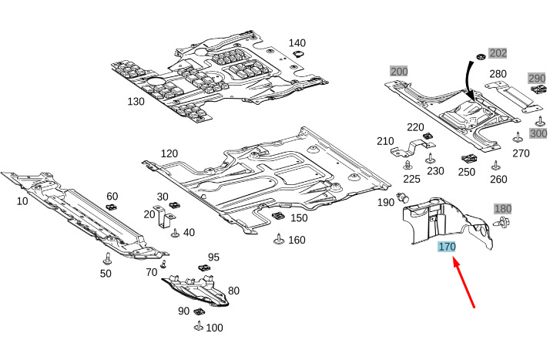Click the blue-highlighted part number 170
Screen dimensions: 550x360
click(447, 247)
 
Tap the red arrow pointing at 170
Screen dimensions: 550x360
click(464, 282)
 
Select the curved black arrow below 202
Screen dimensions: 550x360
click(469, 81)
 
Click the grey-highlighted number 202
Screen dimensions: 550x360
click(498, 53)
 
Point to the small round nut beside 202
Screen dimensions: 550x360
click(480, 56)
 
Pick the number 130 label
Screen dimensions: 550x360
click(136, 102)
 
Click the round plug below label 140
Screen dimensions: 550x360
click(298, 54)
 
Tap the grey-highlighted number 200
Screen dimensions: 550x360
click(399, 72)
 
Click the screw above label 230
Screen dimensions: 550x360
click(430, 159)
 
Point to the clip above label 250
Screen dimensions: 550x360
click(469, 159)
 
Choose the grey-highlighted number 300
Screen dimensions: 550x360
click(538, 133)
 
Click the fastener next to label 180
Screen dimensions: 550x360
click(501, 222)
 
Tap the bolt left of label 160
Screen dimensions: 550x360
click(279, 239)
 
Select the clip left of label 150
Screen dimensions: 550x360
click(279, 216)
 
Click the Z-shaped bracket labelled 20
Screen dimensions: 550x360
click(164, 217)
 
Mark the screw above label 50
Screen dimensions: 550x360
click(107, 258)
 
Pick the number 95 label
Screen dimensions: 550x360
click(213, 257)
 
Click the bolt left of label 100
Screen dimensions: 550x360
click(199, 326)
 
